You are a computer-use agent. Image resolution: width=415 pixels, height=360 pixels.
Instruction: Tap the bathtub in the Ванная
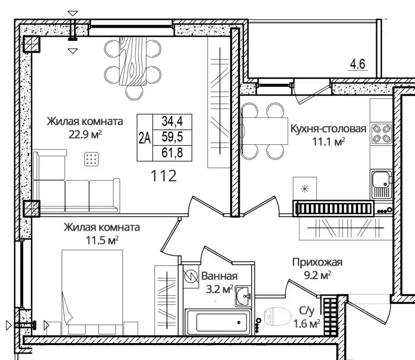coord(218,322)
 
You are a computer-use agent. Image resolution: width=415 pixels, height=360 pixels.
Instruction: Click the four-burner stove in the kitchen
coord(381,134)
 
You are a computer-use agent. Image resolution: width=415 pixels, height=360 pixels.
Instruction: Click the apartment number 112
coord(163,176)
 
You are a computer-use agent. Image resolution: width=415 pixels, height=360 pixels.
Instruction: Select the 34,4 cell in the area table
coord(172,121)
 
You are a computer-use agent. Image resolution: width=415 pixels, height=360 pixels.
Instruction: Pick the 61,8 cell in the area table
coord(172,153)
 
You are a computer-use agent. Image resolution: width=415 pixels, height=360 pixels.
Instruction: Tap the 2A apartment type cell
coord(145,138)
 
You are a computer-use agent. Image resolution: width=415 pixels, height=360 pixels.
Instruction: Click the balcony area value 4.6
coord(357,64)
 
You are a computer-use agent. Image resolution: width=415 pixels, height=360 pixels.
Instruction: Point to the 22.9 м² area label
coord(85,135)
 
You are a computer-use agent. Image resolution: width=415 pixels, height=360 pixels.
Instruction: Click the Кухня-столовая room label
coord(328,129)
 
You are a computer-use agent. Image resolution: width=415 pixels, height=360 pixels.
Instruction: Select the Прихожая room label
coord(317,262)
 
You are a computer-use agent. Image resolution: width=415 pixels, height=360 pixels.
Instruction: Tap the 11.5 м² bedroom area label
coord(102,240)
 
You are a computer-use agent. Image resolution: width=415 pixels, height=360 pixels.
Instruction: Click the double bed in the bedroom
coord(92,292)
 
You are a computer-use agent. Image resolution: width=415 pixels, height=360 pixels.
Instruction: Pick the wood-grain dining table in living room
coord(133,61)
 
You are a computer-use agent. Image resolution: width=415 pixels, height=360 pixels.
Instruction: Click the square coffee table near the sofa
coord(91,159)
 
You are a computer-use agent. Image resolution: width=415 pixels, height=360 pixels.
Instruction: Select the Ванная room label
coord(219,276)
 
